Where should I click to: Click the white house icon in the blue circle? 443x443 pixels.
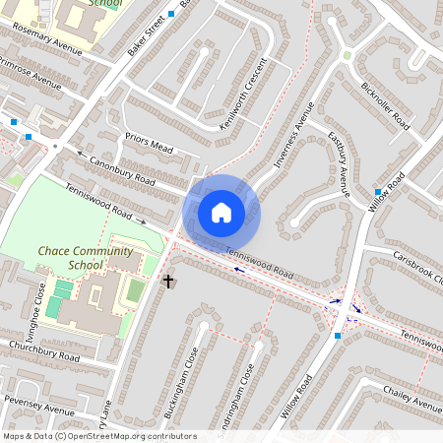tap(221, 212)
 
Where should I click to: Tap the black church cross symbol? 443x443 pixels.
tap(167, 282)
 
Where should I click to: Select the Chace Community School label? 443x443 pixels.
tap(86, 258)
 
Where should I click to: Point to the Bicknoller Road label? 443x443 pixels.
tap(384, 105)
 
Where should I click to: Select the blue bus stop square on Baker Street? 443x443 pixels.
tap(171, 14)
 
